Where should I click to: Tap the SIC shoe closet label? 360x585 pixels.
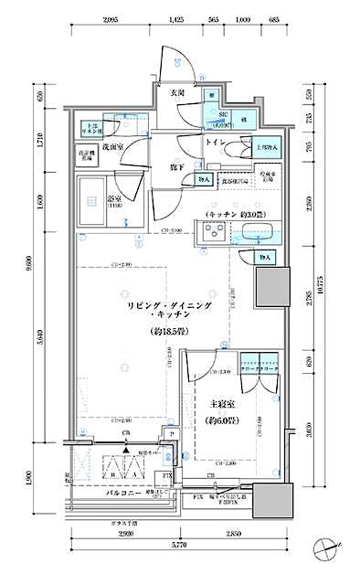click(x=222, y=115)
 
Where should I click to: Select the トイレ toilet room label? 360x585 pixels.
click(x=215, y=144)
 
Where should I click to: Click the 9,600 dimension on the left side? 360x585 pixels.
click(x=30, y=265)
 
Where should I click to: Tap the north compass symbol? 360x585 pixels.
click(x=327, y=548)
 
